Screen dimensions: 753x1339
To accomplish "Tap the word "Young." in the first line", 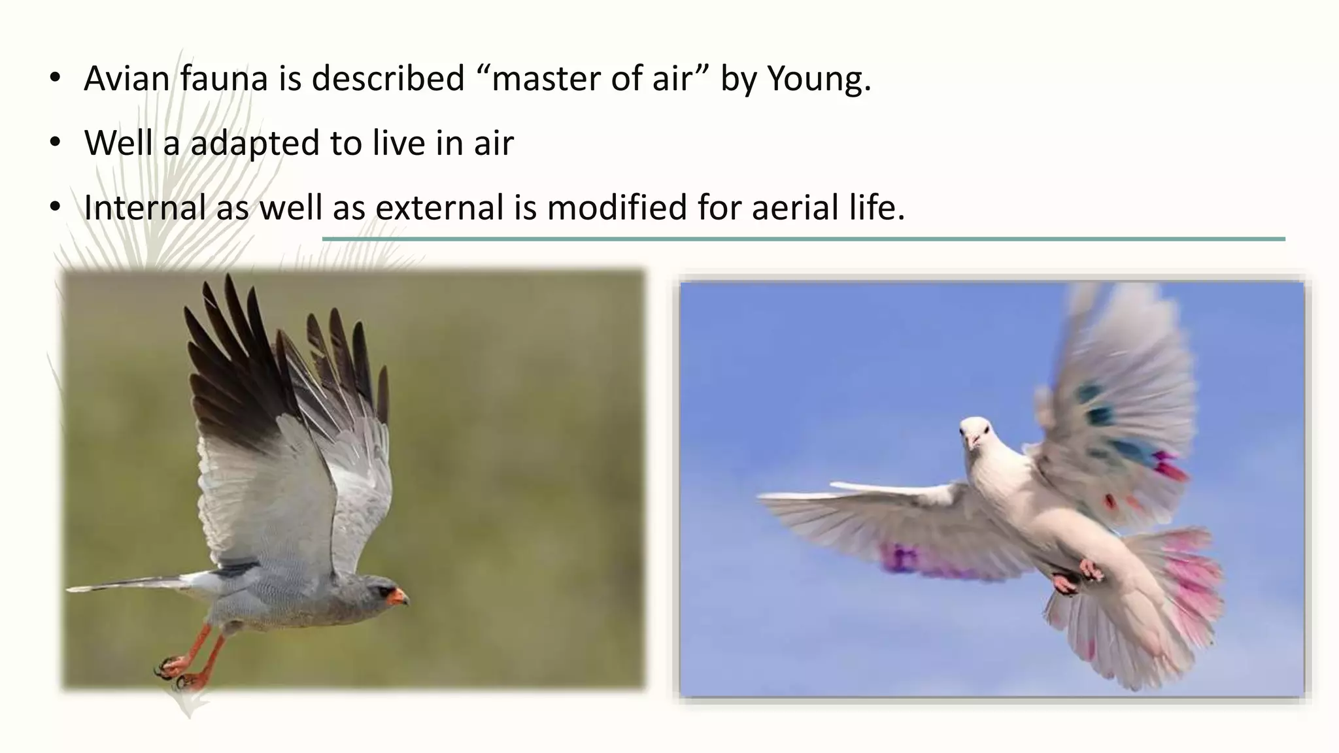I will tap(819, 80).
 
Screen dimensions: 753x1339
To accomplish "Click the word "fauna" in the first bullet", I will tap(224, 78).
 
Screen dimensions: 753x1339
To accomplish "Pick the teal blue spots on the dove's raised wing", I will tap(1105, 418).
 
